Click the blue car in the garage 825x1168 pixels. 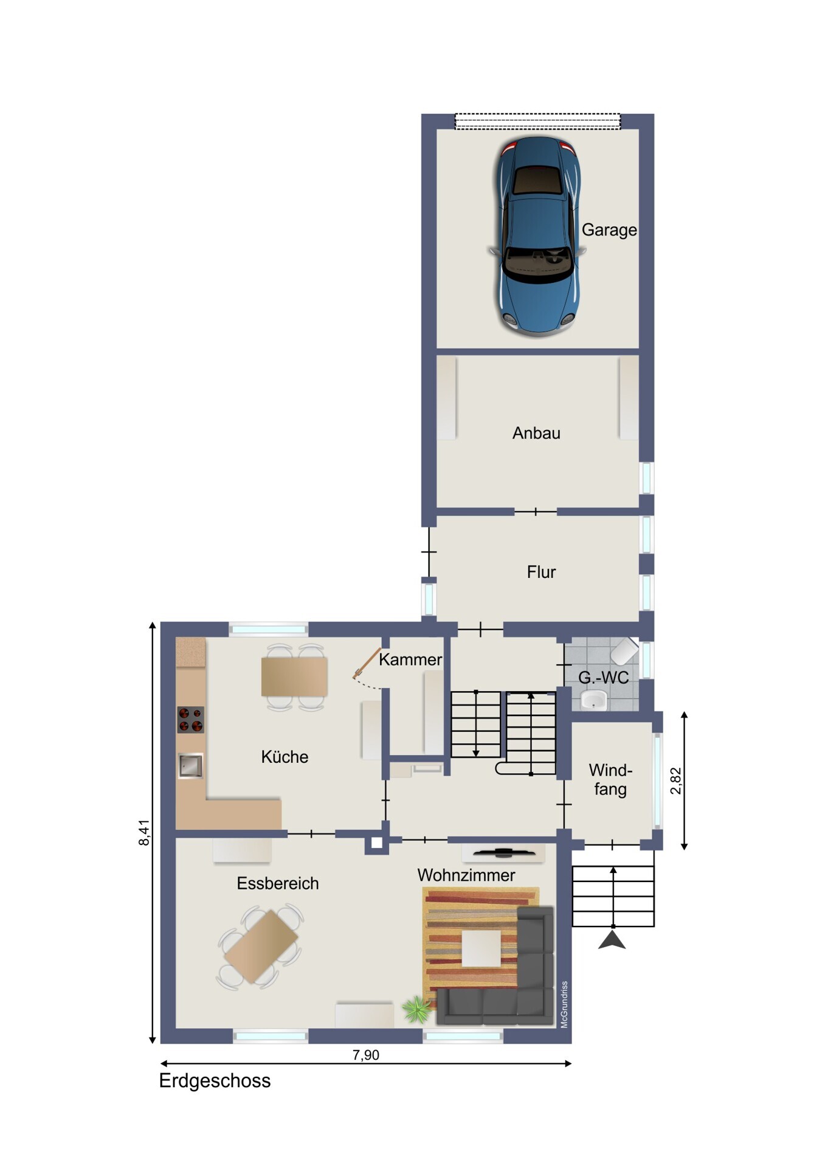[x=537, y=235]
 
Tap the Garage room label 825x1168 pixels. [x=609, y=230]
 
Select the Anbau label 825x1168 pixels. [x=536, y=433]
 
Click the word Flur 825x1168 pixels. [x=541, y=572]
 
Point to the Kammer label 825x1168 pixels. [x=410, y=659]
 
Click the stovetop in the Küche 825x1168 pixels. [x=190, y=720]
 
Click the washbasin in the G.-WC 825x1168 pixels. [x=593, y=700]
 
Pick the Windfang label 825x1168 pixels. [x=610, y=780]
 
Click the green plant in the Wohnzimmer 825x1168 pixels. [x=417, y=1010]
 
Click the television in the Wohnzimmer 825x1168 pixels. [x=503, y=852]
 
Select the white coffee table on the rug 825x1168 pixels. [x=481, y=948]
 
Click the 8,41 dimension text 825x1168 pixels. [x=144, y=832]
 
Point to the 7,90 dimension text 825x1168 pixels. [x=366, y=1055]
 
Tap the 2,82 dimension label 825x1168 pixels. [x=675, y=780]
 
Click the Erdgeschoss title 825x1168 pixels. [x=215, y=1081]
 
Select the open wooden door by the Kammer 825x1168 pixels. [x=367, y=663]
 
